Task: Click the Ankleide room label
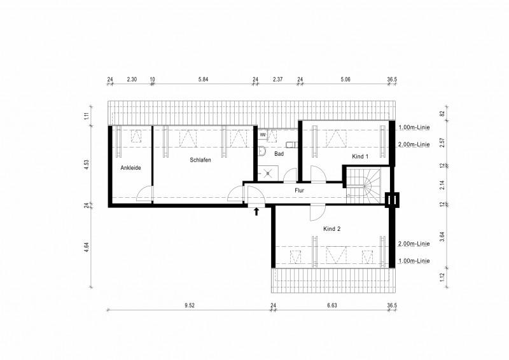click(x=130, y=168)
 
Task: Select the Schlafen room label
click(x=200, y=160)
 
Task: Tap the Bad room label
click(x=279, y=154)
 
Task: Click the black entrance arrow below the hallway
click(x=256, y=212)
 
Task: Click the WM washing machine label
click(x=262, y=135)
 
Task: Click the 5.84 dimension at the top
click(x=204, y=80)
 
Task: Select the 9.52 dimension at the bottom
click(x=190, y=305)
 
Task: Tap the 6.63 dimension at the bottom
click(x=331, y=305)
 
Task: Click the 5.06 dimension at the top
click(x=345, y=80)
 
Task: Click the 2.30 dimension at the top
click(x=132, y=80)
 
